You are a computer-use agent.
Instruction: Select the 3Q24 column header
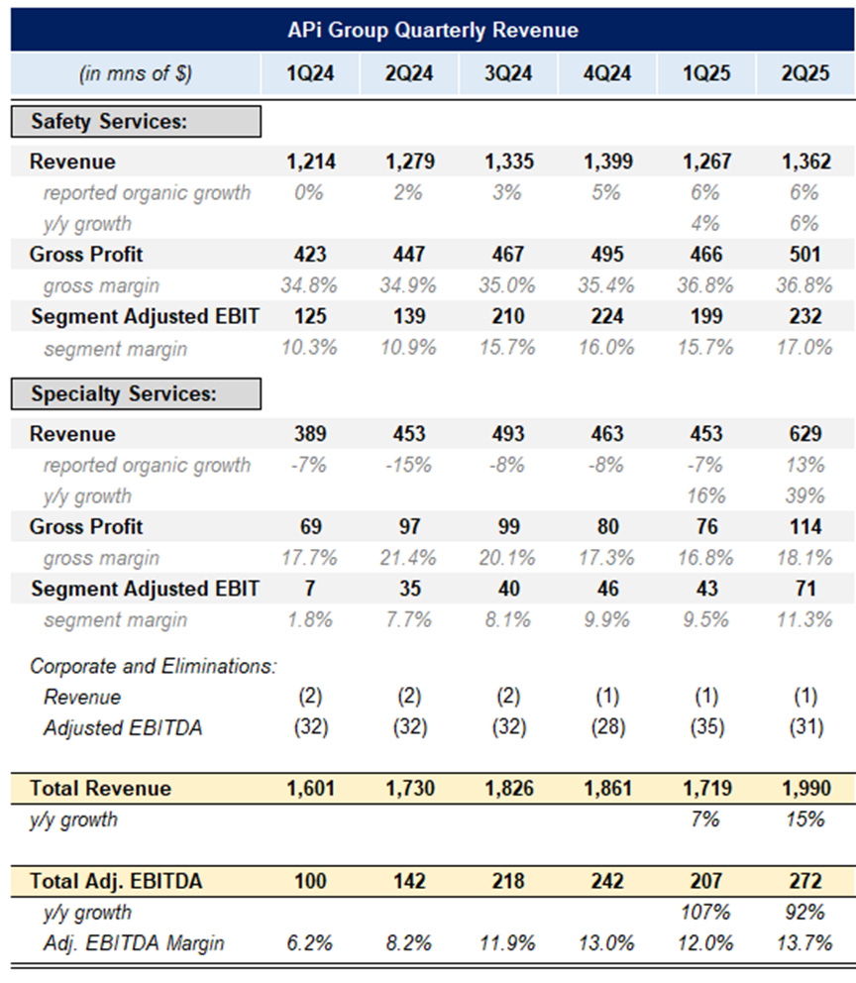pos(507,73)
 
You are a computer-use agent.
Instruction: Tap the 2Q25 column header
pos(804,73)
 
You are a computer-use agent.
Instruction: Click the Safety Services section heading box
pos(136,121)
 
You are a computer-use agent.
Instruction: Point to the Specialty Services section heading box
pos(136,393)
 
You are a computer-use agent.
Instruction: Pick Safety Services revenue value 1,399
pos(606,163)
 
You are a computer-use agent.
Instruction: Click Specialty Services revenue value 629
pos(804,434)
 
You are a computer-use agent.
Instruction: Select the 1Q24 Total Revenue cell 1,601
pos(309,789)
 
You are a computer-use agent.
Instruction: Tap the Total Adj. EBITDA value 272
pos(804,881)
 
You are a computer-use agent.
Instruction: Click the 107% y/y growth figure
pos(705,912)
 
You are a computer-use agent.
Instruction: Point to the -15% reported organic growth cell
pos(408,465)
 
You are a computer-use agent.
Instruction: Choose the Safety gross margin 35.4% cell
pos(606,285)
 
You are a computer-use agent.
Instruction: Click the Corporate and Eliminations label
pos(153,666)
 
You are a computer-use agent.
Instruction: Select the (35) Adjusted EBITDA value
pos(705,727)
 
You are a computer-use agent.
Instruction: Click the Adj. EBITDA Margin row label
pos(134,942)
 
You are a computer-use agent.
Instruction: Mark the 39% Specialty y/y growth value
pos(804,495)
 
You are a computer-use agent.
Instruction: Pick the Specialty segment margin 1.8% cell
pos(309,619)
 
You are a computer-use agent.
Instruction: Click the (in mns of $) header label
pos(136,73)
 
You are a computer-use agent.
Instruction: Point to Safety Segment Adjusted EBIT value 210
pos(507,317)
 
